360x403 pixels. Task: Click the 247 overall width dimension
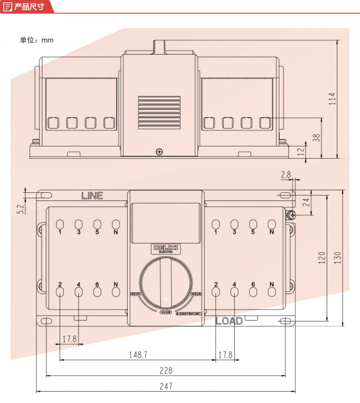point(166,386)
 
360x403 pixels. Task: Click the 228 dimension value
point(166,370)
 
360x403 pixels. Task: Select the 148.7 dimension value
point(138,355)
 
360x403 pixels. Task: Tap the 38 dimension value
point(316,137)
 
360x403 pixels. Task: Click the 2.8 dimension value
point(286,176)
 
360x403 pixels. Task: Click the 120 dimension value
point(322,258)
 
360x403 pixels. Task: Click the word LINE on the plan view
point(92,196)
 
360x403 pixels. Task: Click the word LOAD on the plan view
point(229,321)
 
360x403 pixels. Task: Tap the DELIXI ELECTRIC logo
point(165,249)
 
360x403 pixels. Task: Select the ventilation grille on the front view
point(159,112)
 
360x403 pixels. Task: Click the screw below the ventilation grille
point(159,152)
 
